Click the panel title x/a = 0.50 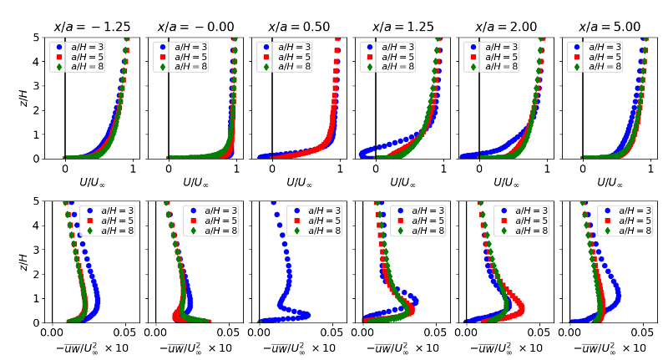[299, 27]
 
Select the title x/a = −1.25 [92, 27]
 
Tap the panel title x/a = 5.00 [610, 27]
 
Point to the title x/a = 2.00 [506, 27]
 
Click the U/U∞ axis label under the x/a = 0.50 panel [299, 181]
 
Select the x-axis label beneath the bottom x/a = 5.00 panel [610, 347]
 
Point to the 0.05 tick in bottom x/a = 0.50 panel [332, 332]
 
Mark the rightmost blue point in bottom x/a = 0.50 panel [307, 315]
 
